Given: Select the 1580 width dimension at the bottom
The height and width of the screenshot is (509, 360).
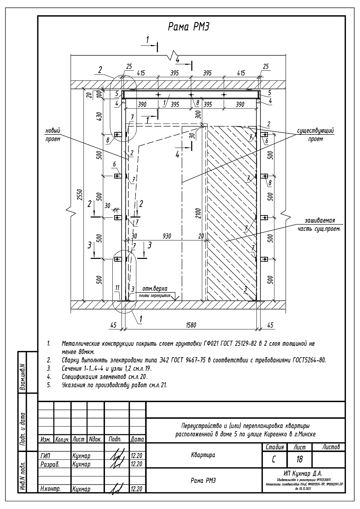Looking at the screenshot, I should coord(191,325).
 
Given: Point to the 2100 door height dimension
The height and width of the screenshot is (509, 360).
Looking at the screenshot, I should coord(199,214).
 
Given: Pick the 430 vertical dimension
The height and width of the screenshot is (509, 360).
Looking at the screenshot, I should coord(99,117).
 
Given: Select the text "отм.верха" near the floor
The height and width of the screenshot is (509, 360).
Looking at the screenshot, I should coord(155,289).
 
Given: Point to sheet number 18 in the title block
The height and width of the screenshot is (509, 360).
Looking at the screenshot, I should coord(299,459).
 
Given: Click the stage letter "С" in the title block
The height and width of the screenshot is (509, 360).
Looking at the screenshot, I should coord(274,459).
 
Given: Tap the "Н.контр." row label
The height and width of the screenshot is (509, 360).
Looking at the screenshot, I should coord(48,489).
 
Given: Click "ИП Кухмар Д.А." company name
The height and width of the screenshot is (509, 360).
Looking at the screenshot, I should coord(304,473).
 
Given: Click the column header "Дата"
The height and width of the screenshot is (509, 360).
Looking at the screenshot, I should coord(137,439).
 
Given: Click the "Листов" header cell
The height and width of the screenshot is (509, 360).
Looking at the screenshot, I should coord(331,447).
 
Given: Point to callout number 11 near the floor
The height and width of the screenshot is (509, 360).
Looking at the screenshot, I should coord(117,288).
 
